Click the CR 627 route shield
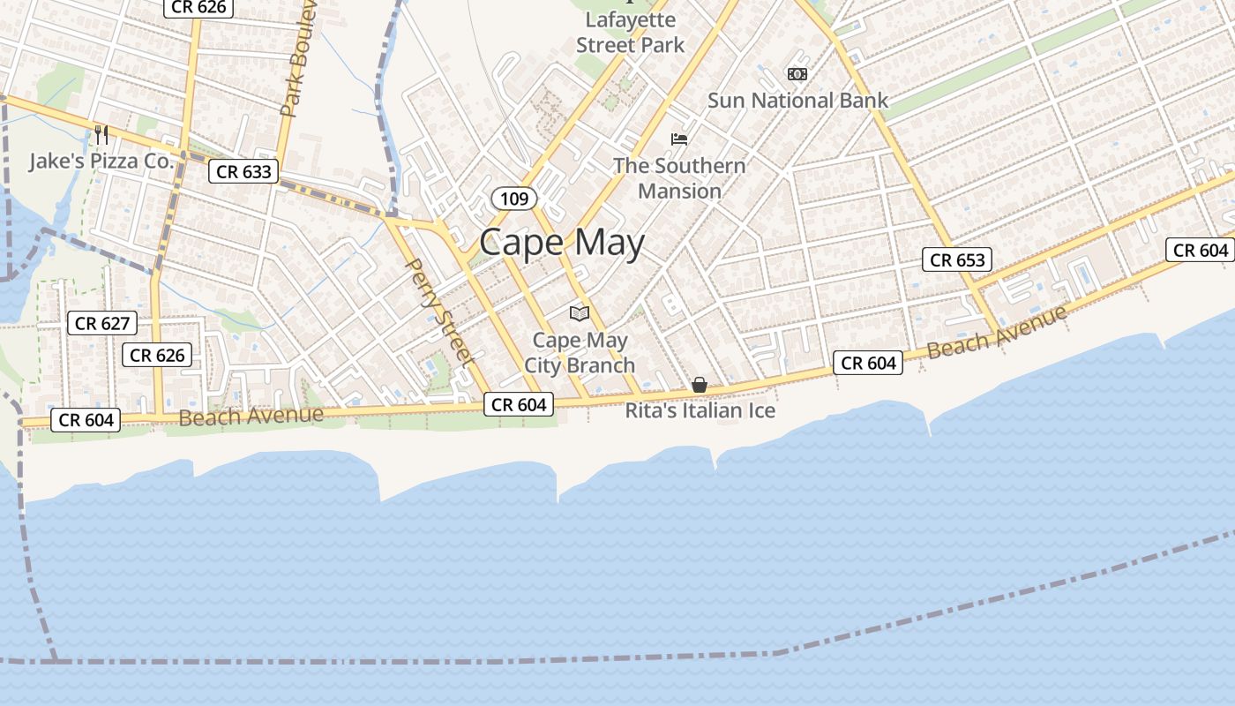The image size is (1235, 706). [102, 323]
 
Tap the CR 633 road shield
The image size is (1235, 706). [243, 171]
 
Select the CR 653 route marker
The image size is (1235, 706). [957, 259]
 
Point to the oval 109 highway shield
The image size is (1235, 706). [513, 199]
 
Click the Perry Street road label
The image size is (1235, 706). [438, 312]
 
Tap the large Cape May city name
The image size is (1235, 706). [562, 243]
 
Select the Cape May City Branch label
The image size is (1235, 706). [580, 352]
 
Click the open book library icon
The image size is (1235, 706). [580, 313]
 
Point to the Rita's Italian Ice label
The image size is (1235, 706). [700, 410]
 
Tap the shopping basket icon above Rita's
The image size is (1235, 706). [700, 385]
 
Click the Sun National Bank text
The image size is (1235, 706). [797, 101]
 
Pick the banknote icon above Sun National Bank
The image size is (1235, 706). [797, 74]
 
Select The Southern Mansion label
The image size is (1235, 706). [679, 177]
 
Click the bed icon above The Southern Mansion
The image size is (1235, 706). [679, 139]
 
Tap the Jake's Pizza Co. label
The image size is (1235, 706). [101, 161]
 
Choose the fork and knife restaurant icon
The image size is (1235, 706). [101, 134]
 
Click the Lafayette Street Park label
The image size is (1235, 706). [630, 32]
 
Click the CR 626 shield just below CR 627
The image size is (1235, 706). [157, 355]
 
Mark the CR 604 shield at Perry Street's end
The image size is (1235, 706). [519, 404]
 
